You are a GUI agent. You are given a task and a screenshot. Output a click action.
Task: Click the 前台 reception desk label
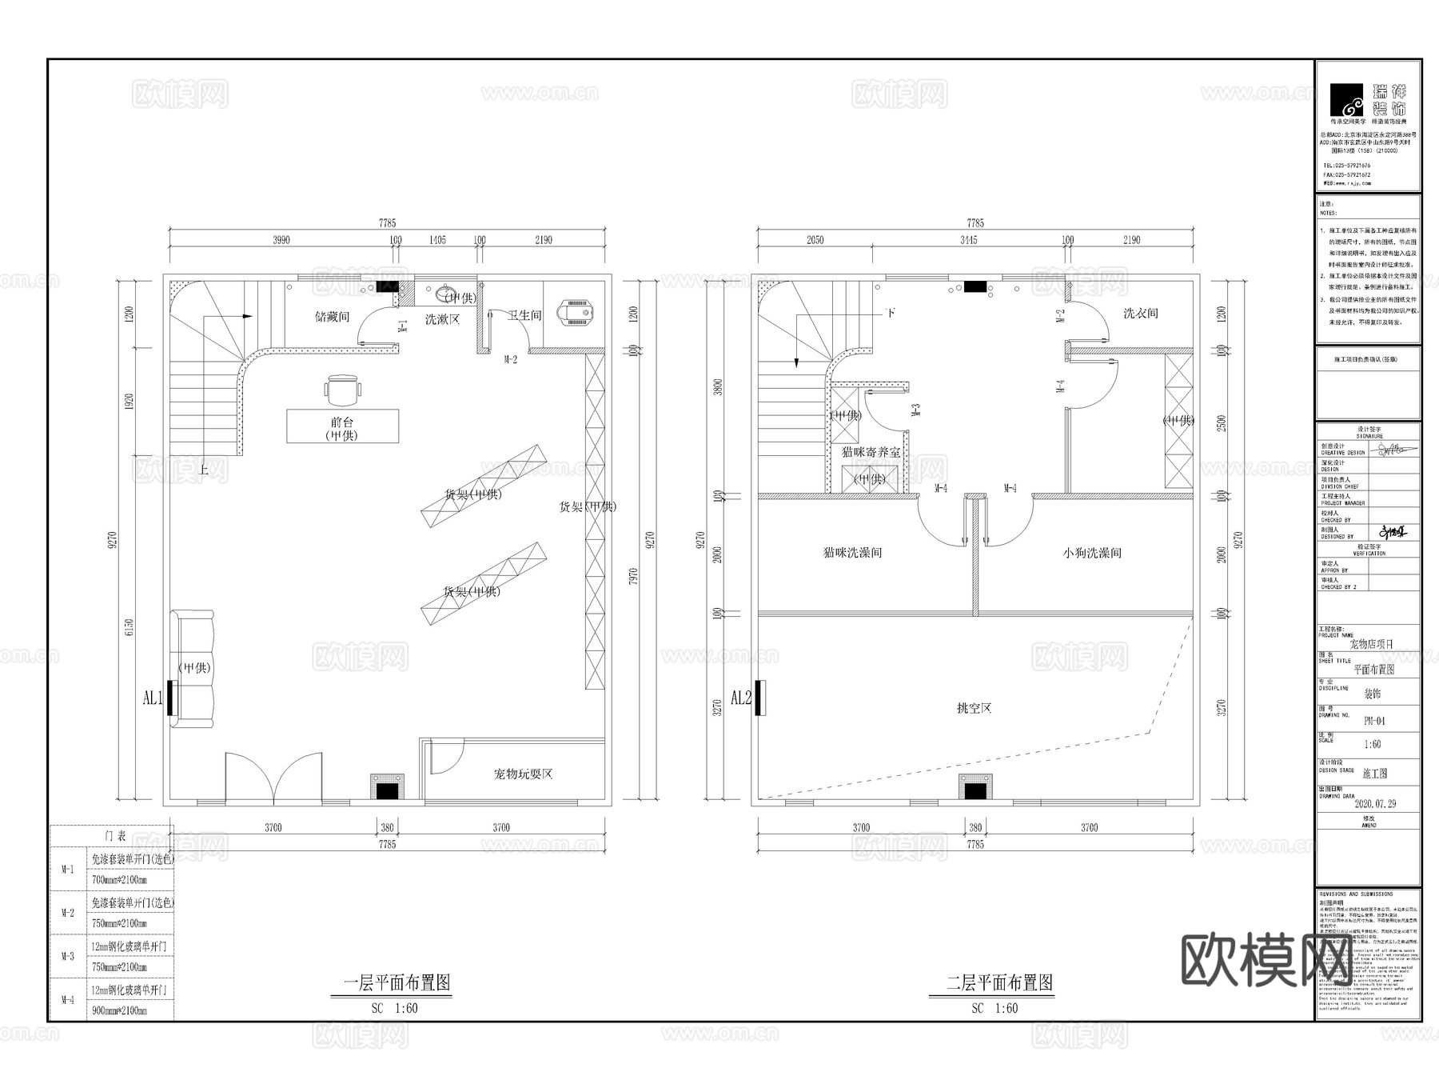coord(342,422)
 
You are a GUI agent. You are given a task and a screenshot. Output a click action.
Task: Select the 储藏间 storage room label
coord(332,317)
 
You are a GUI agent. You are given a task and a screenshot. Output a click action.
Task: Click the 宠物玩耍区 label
coord(523,774)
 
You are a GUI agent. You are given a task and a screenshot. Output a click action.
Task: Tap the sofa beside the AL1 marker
coord(193,669)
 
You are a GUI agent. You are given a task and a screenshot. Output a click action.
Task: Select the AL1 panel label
coord(152,698)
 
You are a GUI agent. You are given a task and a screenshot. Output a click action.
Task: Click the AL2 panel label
coord(741,698)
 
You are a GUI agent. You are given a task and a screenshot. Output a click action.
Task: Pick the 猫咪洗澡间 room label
coord(852,553)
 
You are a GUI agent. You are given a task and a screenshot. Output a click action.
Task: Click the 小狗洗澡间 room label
coord(1092,553)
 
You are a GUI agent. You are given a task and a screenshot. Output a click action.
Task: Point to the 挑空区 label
coord(974,708)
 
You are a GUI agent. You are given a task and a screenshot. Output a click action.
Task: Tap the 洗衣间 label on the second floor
coord(1140,314)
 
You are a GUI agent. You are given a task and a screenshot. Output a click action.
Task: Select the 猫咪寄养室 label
coord(871,452)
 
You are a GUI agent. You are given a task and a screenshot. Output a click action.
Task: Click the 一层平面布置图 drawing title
coord(397,982)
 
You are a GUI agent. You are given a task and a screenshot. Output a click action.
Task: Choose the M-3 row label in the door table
coord(68,957)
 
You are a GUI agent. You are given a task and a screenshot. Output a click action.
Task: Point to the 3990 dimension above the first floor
coord(281,240)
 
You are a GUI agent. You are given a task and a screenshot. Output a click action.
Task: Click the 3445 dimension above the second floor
coord(968,240)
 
